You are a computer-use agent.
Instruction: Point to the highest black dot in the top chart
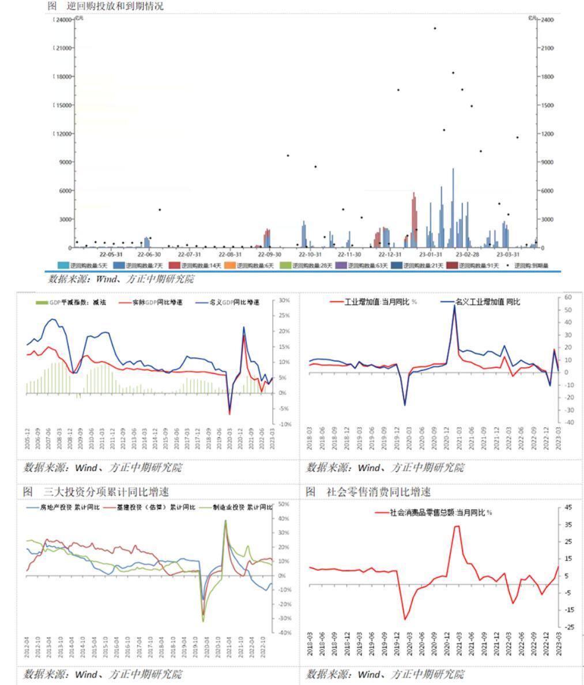pos(435,28)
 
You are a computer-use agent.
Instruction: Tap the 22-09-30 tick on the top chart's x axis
pos(270,254)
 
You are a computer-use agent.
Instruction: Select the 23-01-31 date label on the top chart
pos(431,254)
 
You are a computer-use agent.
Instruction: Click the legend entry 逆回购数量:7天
pos(142,266)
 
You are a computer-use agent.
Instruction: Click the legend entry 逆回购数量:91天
pos(475,266)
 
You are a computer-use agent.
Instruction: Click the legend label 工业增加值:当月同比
pos(377,302)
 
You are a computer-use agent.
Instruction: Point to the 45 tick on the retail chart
pos(568,507)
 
